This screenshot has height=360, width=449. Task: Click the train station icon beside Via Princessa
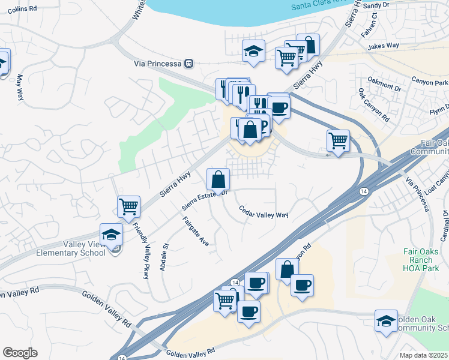[x=189, y=62]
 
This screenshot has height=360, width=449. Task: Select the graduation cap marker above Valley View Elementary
[x=111, y=235]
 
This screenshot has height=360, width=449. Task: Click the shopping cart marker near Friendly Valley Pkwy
[x=129, y=207]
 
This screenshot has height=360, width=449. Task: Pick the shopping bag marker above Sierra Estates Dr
[x=218, y=179]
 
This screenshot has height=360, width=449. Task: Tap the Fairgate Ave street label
[x=196, y=232]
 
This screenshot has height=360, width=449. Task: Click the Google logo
[x=20, y=353]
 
